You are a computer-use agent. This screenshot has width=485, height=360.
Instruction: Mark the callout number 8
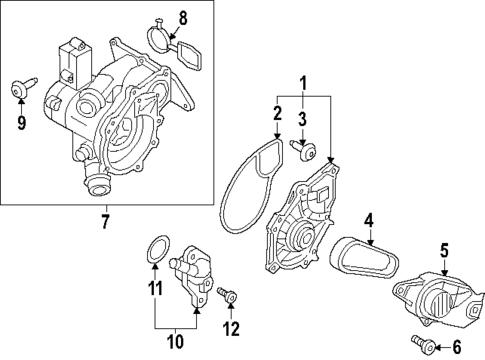(182, 16)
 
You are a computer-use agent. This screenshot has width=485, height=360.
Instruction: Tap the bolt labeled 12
(226, 295)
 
